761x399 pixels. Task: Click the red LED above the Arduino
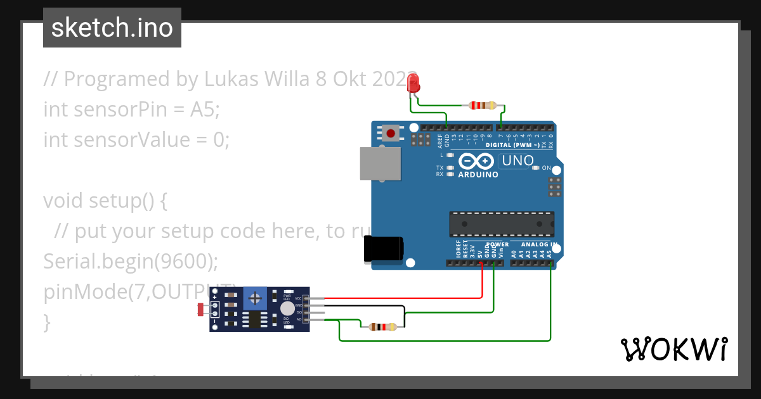tap(413, 83)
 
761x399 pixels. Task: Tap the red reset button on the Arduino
tap(391, 134)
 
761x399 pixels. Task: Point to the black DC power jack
tap(382, 249)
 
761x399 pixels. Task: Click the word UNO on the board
tap(517, 161)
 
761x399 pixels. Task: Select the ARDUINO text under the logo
tap(478, 174)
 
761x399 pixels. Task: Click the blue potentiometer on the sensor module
tap(256, 297)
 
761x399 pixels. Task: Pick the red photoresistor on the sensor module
tap(202, 309)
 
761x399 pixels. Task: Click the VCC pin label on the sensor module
tap(298, 298)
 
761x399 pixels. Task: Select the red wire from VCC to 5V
tap(406, 298)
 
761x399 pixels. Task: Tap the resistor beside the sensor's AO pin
tap(382, 327)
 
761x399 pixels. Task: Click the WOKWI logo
tap(673, 349)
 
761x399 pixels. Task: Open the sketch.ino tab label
tap(112, 28)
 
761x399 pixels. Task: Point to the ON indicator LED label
tap(546, 168)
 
